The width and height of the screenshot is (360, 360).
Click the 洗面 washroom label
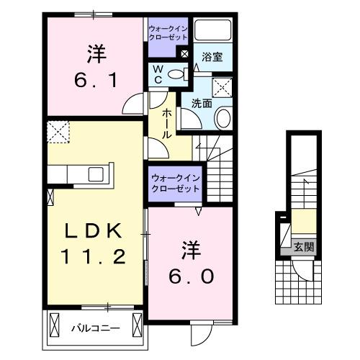click(x=201, y=103)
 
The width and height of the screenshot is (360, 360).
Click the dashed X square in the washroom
click(x=224, y=89)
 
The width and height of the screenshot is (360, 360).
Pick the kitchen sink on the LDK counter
click(x=95, y=174)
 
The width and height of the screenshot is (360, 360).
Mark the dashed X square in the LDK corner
click(x=56, y=132)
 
